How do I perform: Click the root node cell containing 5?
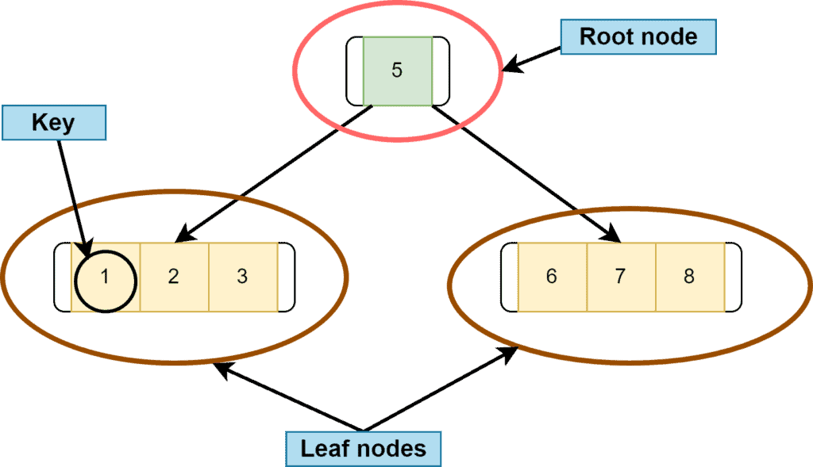(397, 71)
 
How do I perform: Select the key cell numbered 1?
(106, 278)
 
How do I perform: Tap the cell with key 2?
(174, 278)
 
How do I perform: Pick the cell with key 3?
(243, 278)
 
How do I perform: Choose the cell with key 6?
(552, 278)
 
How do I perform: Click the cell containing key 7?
(621, 278)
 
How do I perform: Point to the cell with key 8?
(689, 278)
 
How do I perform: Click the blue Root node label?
(638, 36)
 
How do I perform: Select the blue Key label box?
(53, 123)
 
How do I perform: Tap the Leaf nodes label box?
(363, 450)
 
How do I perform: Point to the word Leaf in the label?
(323, 450)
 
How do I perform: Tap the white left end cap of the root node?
(355, 71)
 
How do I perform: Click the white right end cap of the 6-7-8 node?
(733, 278)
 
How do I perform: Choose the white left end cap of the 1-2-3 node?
(62, 278)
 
